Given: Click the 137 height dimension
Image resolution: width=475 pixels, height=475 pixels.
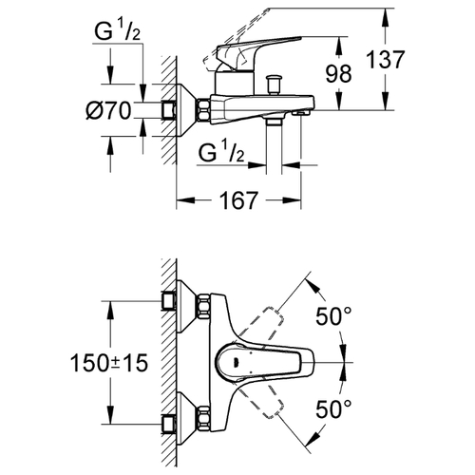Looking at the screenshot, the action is pos(386,60).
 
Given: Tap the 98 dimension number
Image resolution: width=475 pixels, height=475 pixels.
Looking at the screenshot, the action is pos(339,74).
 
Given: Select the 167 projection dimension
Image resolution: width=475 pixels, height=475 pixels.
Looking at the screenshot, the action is pos(238,200).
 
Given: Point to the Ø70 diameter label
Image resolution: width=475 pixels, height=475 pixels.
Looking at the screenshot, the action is pos(108,111).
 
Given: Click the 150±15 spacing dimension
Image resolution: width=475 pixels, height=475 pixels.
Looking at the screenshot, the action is pos(109,363).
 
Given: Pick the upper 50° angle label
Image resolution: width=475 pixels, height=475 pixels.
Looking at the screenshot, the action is pos(333,316).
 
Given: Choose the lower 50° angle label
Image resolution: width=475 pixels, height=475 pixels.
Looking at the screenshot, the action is pos(333,408).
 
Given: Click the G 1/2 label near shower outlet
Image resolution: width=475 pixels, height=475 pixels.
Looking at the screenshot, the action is pos(221,152).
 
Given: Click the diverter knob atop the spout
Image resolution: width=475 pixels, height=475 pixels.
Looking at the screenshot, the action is pos(275,85).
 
